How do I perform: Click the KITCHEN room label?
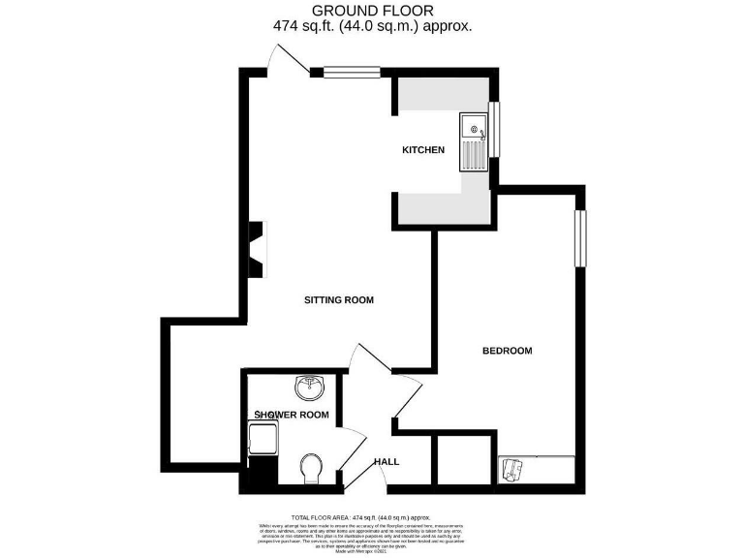point(423,150)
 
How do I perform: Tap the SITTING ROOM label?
point(339,300)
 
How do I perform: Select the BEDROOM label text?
point(508,351)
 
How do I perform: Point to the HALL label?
point(387,462)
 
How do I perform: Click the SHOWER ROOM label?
point(291,415)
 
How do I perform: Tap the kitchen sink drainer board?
point(474,156)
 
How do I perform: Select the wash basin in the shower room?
point(310,387)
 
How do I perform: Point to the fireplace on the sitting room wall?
point(258,249)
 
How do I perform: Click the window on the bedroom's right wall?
point(580,238)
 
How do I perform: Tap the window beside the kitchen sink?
point(493,130)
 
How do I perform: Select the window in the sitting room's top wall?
point(352,70)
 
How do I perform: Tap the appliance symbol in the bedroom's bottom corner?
point(512,469)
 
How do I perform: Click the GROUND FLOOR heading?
point(372,11)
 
